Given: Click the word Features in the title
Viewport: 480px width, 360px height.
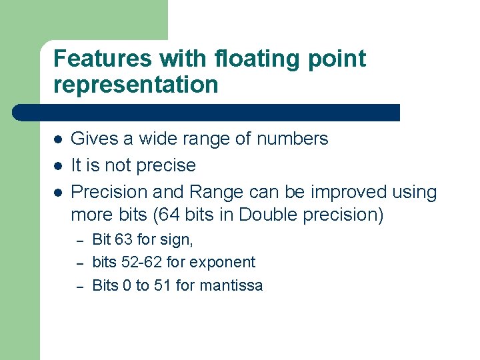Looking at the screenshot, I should (x=103, y=59).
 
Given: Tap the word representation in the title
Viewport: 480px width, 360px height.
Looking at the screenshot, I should (x=135, y=85).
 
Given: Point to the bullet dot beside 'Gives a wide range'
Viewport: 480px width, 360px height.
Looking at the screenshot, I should (x=58, y=139).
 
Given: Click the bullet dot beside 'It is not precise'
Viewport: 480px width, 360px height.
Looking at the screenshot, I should (x=58, y=166).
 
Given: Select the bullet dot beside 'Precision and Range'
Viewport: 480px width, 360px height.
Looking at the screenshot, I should (x=58, y=193).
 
